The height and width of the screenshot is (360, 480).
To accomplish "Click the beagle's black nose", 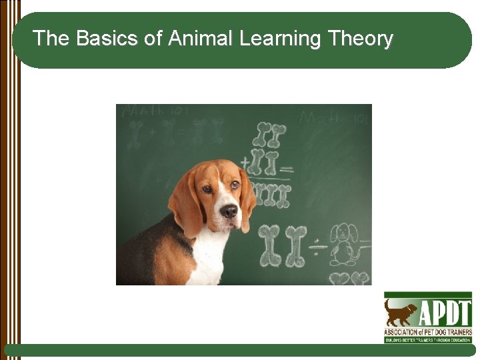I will [x=229, y=211].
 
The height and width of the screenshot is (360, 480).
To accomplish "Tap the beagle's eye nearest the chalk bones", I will [x=235, y=185].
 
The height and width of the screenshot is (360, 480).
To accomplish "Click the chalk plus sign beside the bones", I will [x=245, y=162].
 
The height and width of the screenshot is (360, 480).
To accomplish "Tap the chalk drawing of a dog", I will [x=344, y=243].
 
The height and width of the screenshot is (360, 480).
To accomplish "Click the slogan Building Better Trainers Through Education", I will [x=428, y=340].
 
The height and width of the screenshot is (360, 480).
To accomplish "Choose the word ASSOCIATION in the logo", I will [x=401, y=332].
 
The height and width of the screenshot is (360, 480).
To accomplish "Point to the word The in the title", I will [x=51, y=39].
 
